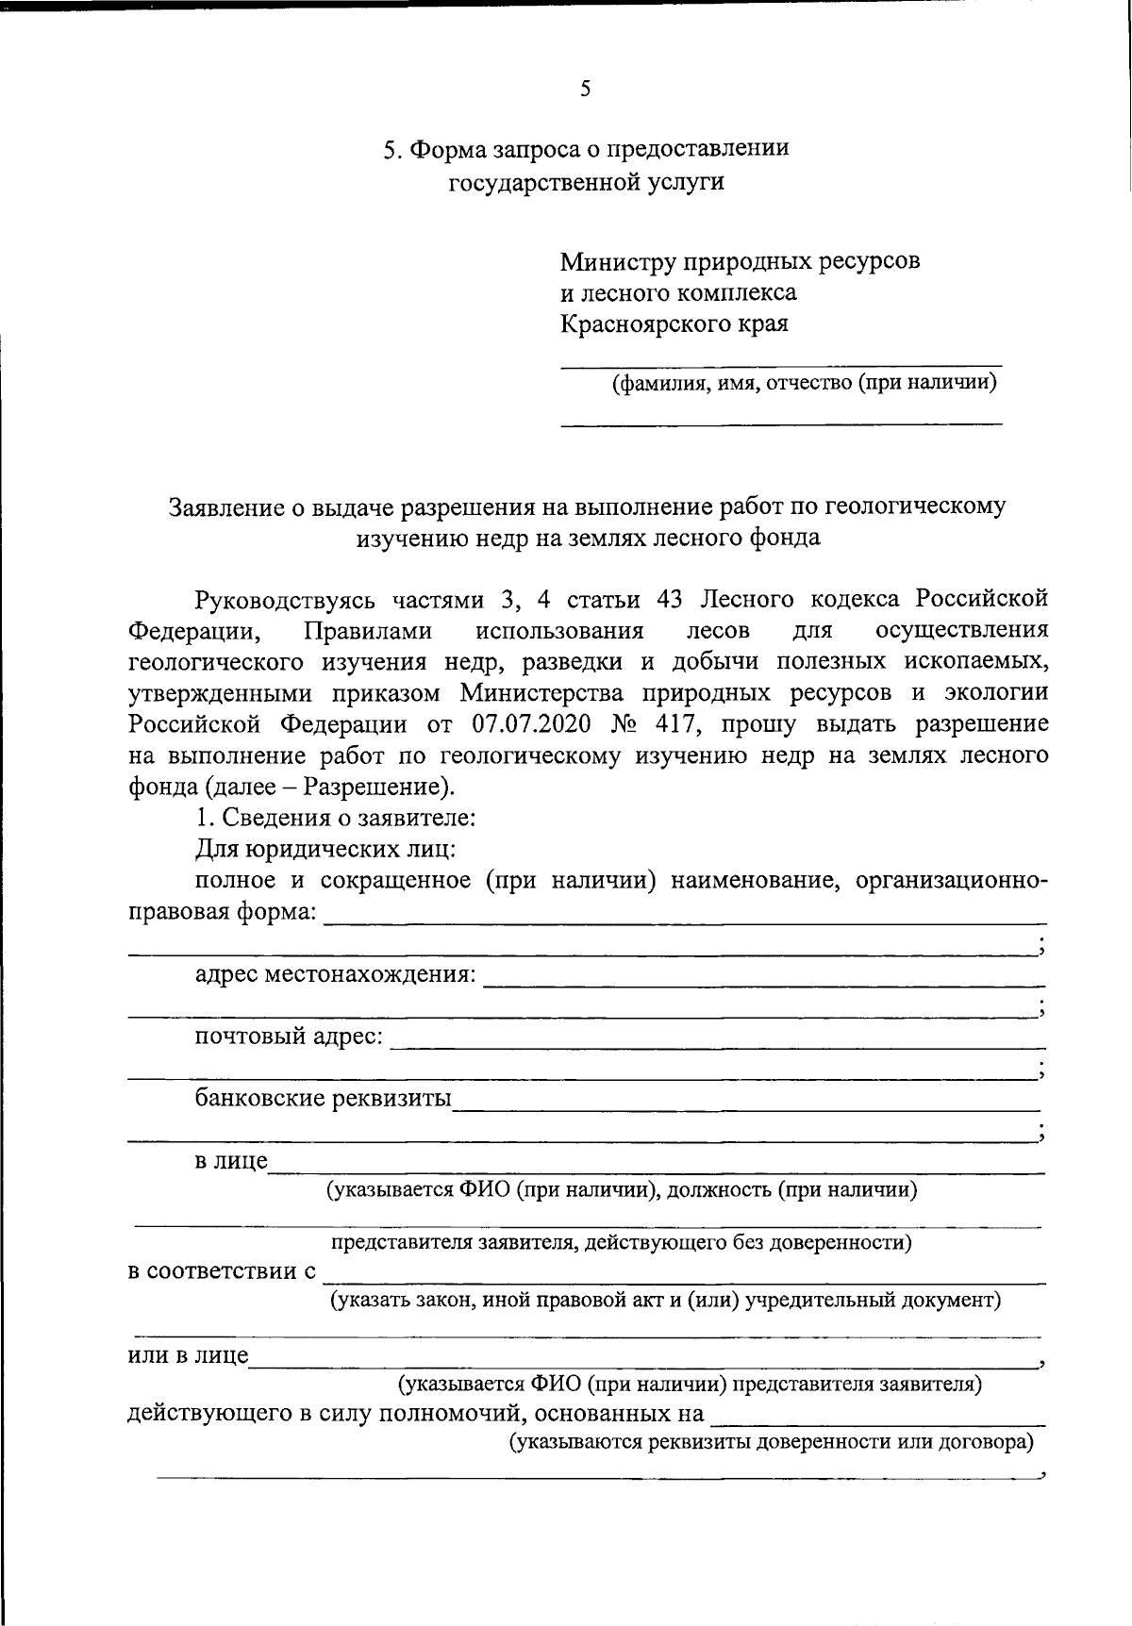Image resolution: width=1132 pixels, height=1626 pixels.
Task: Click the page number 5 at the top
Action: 585,90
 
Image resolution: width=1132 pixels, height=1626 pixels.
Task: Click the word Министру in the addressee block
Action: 614,260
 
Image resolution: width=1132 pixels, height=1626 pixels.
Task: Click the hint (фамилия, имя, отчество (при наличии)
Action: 804,383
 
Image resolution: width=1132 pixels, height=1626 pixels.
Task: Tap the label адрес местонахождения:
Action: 335,974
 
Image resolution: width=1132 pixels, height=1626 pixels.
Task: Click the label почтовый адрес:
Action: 289,1037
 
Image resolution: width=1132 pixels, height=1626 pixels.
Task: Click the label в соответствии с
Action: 222,1271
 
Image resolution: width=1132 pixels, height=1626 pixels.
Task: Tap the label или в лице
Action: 188,1356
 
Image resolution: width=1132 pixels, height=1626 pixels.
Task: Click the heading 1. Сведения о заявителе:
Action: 335,818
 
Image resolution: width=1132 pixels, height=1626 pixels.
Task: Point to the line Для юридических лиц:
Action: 325,849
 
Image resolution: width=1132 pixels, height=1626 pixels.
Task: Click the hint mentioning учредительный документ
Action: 664,1301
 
